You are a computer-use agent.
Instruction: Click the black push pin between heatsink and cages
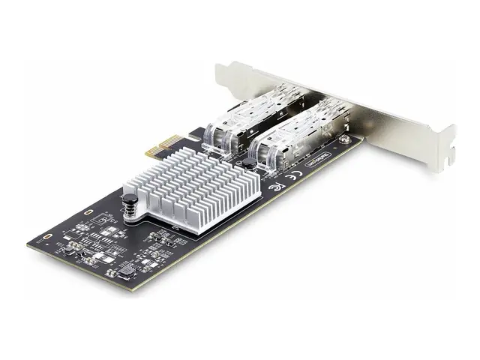(247, 163)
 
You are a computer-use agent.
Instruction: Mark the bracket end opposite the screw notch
(225, 72)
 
